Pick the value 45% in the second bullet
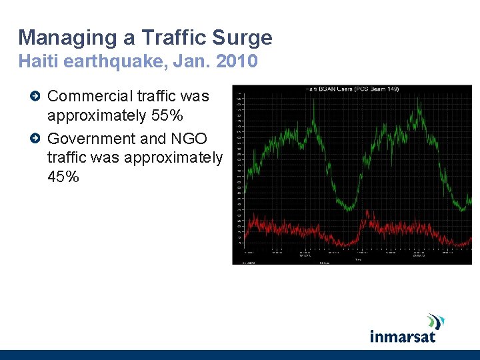pos(63,177)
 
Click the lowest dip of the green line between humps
pos(349,209)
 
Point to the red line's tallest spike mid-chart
pos(367,212)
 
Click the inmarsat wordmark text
pos(402,335)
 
